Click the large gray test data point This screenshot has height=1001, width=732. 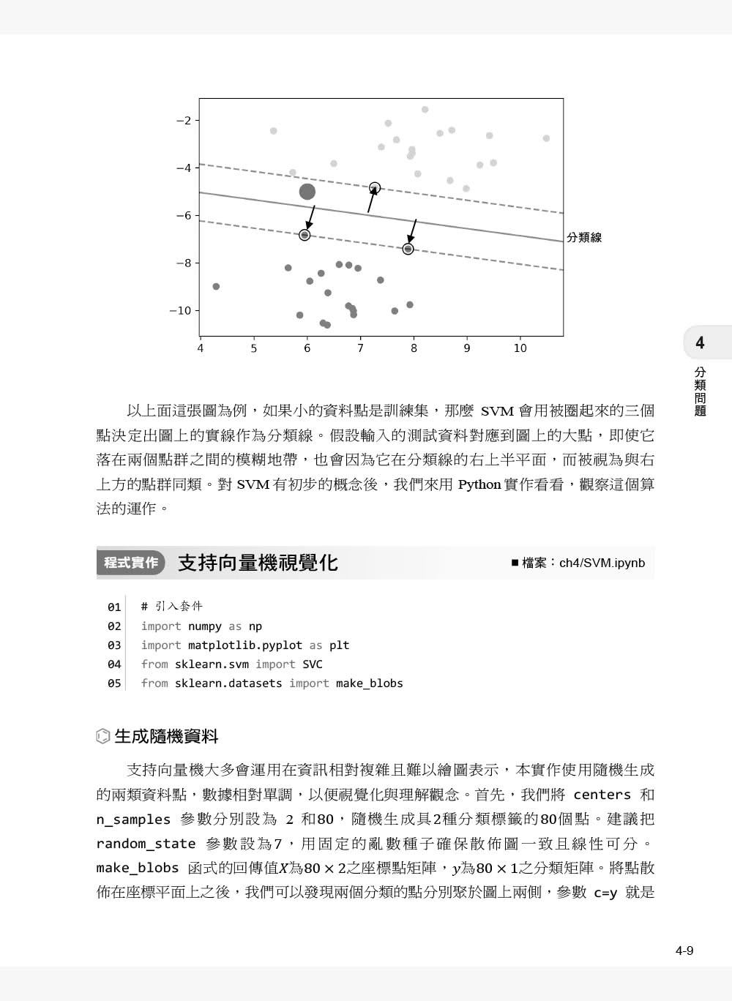point(307,192)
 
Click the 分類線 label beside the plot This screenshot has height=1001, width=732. point(584,237)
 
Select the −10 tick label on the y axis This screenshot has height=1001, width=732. point(180,311)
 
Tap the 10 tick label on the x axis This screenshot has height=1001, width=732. point(520,348)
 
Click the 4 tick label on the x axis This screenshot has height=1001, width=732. point(201,348)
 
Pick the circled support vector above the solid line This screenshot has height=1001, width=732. point(375,188)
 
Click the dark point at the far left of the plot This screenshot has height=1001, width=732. point(216,287)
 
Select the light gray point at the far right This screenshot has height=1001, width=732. point(546,138)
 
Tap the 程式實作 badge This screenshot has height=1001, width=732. point(131,563)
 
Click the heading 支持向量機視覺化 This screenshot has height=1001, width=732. point(258,563)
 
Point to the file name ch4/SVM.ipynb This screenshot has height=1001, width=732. point(602,563)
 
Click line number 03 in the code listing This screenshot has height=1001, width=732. point(114,645)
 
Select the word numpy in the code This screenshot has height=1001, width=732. point(205,626)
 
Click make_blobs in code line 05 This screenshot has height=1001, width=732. point(370,683)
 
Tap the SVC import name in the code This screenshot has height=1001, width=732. point(313,664)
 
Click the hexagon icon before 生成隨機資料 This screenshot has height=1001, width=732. point(103,737)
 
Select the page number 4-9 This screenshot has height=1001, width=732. point(684,951)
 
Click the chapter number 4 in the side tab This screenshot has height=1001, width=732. point(700,342)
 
